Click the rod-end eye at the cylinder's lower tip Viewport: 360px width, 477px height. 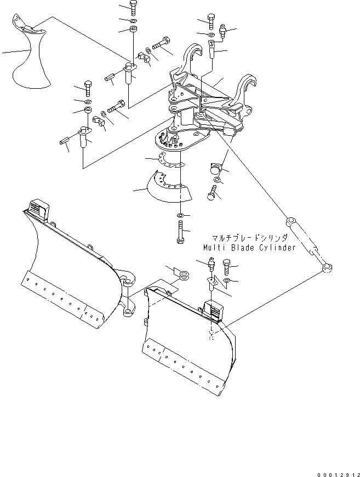pos(328,267)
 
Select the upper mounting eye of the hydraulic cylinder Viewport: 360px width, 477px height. pos(290,221)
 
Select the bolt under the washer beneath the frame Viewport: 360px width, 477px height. pos(213,193)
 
